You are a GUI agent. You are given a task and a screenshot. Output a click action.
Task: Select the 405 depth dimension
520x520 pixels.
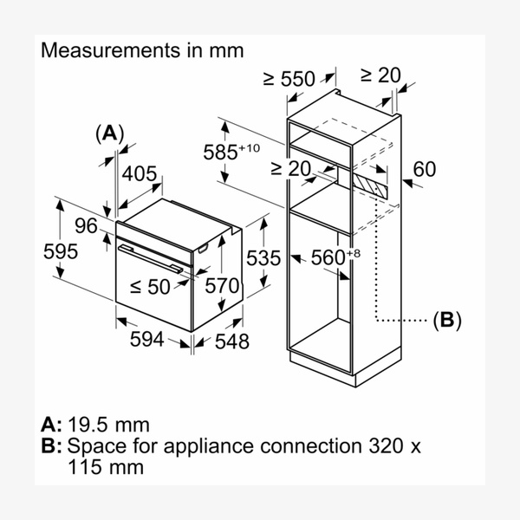140,174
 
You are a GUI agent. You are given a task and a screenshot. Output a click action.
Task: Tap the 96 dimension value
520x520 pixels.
85,226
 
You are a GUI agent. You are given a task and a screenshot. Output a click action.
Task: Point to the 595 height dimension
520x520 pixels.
61,251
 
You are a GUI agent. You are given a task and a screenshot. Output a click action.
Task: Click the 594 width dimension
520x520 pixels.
146,340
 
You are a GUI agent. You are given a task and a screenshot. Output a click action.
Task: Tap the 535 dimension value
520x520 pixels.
263,257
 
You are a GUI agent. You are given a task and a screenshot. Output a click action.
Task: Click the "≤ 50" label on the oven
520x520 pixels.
151,286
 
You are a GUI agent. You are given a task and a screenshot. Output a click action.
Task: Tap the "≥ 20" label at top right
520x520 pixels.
381,75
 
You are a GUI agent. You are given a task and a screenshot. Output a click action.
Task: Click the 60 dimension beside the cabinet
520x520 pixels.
424,169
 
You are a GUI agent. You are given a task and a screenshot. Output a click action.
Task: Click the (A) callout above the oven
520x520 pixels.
109,133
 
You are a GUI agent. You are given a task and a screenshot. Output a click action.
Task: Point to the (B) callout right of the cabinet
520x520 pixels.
447,320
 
